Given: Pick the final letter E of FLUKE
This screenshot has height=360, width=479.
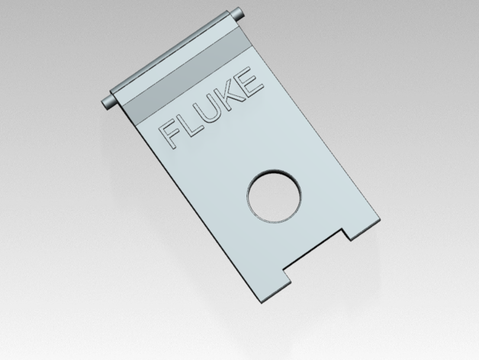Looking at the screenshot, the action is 250,80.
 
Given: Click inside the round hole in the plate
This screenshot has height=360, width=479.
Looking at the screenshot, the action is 274,195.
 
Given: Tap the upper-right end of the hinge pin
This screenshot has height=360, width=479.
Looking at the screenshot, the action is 237,14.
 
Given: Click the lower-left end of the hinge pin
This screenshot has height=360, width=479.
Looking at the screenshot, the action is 108,104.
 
